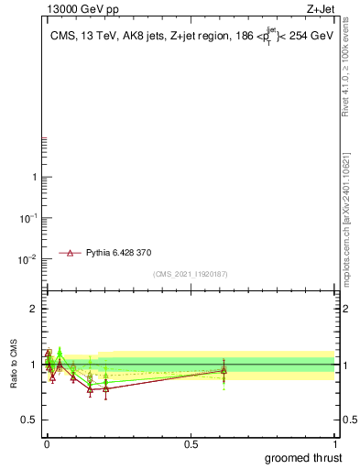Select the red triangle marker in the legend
click(x=70, y=251)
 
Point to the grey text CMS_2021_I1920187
click(x=191, y=274)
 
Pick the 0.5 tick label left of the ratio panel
click(x=30, y=420)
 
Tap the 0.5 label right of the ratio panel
click(x=346, y=420)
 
